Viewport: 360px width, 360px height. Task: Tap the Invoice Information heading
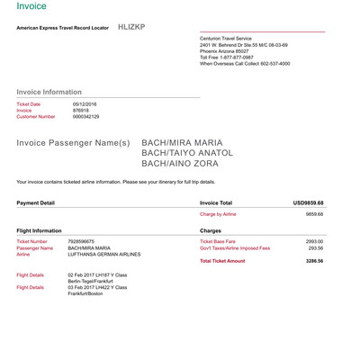tap(49, 92)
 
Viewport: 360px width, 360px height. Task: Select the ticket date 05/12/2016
tap(86, 104)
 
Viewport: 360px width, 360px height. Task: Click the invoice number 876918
tap(81, 111)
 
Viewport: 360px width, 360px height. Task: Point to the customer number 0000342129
tap(86, 117)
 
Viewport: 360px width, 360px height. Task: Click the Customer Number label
tap(36, 117)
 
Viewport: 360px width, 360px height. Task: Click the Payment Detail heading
tap(36, 202)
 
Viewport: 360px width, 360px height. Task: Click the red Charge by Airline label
tap(218, 215)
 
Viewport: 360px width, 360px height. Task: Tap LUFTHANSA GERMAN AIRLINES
tap(103, 255)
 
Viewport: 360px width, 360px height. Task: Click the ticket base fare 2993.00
tap(314, 242)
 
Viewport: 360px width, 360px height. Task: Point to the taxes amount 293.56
tap(315, 248)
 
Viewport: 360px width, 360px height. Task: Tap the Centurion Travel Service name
tap(228, 38)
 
